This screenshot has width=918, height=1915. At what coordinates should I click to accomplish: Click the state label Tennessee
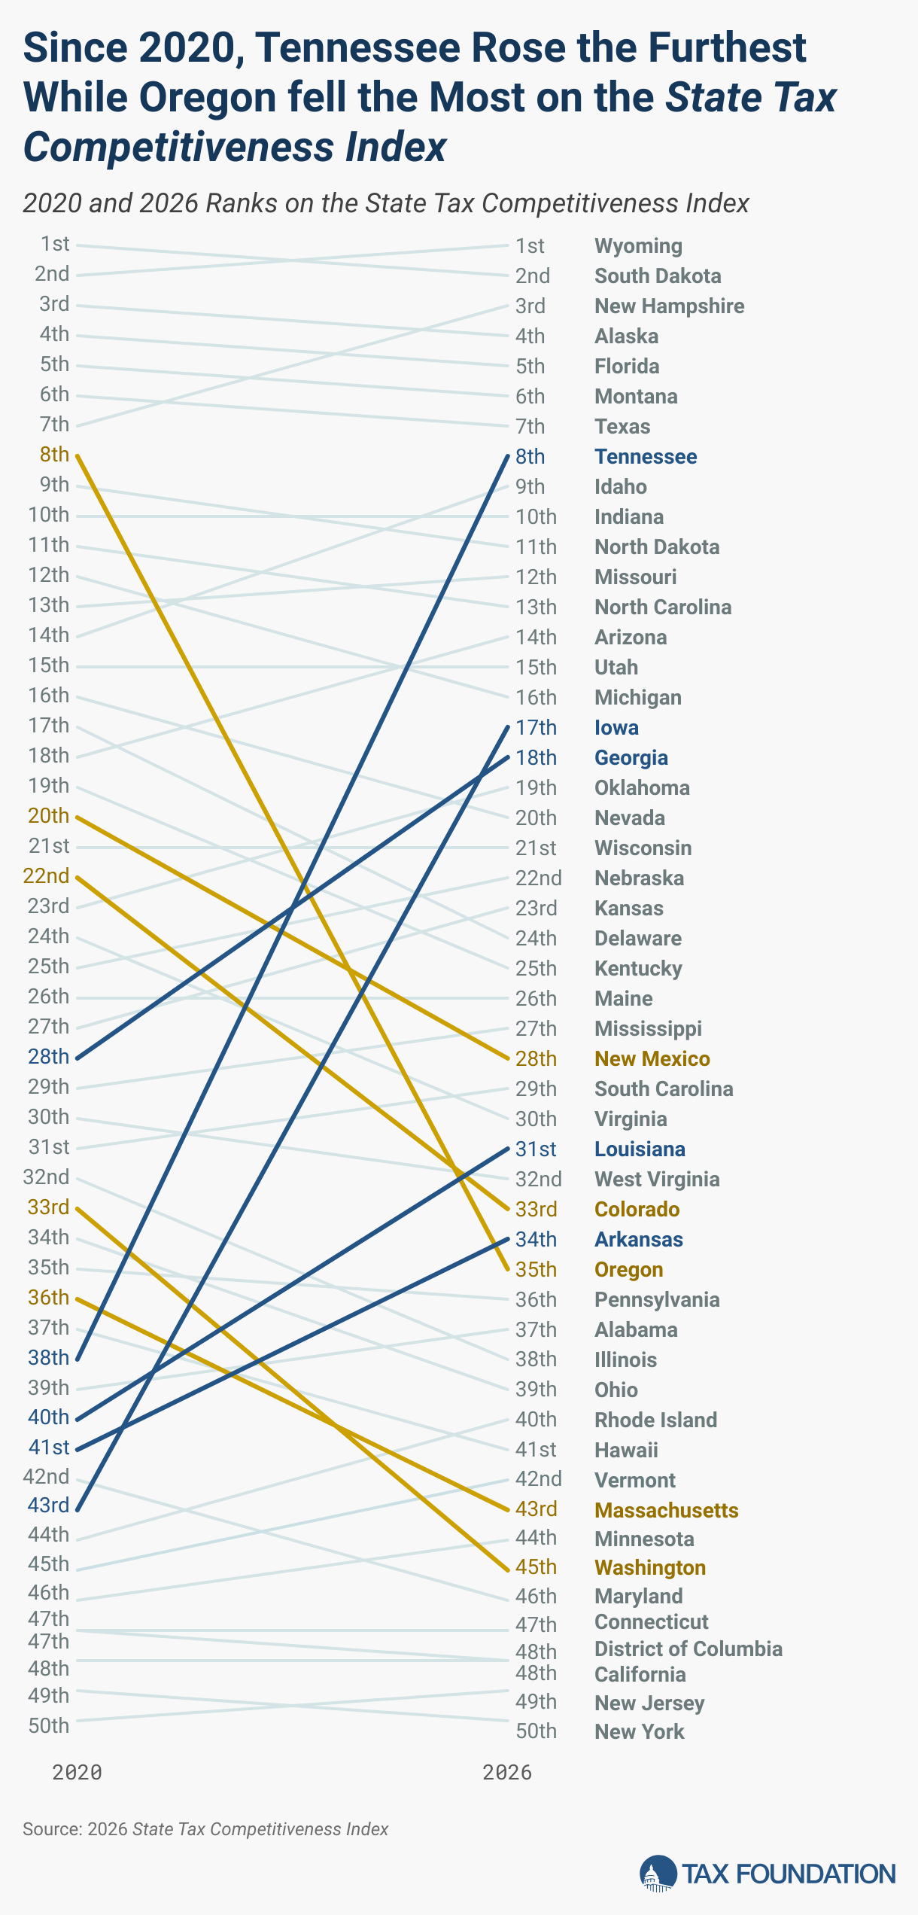pyautogui.click(x=646, y=457)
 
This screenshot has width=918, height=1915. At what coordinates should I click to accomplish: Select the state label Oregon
pyautogui.click(x=628, y=1270)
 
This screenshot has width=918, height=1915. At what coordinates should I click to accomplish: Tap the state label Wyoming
pyautogui.click(x=638, y=246)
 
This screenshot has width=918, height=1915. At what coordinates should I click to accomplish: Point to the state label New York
pyautogui.click(x=639, y=1732)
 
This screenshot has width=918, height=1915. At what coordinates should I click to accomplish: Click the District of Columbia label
pyautogui.click(x=688, y=1649)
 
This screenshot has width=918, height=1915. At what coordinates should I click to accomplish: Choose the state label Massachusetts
pyautogui.click(x=666, y=1511)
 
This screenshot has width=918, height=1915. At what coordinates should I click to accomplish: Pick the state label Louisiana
pyautogui.click(x=640, y=1149)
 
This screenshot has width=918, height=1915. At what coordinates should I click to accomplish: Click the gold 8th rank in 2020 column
pyautogui.click(x=54, y=455)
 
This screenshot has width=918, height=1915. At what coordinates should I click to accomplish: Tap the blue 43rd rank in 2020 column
pyautogui.click(x=48, y=1506)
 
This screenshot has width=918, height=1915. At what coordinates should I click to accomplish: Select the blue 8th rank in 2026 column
pyautogui.click(x=530, y=457)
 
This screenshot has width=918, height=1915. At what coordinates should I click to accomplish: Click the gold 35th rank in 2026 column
pyautogui.click(x=536, y=1270)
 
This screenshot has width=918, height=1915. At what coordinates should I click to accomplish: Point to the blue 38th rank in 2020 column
pyautogui.click(x=48, y=1358)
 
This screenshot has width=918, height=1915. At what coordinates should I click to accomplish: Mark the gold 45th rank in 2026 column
pyautogui.click(x=536, y=1567)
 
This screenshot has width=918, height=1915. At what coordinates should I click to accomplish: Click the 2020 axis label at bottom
pyautogui.click(x=77, y=1773)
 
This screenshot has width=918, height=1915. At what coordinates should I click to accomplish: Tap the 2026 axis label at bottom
pyautogui.click(x=507, y=1773)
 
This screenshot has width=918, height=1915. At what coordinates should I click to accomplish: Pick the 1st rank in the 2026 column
pyautogui.click(x=530, y=246)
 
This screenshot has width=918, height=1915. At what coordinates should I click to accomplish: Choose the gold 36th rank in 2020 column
pyautogui.click(x=48, y=1298)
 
